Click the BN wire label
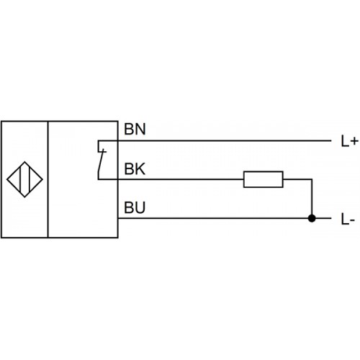pos(135,130)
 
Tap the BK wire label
pos(135,169)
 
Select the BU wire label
pos(135,207)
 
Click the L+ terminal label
pos(349,141)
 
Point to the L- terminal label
pos(348,220)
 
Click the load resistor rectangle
pos(264,179)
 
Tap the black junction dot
pos(312,218)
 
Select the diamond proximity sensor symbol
pos(24,179)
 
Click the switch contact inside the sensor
pos(101,161)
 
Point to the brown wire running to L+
pos(225,140)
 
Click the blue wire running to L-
pos(225,218)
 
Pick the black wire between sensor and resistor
pos(181,179)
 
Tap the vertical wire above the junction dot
pos(312,199)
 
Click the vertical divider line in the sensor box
pos(48,179)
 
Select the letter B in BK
pos(129,169)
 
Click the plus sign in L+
pos(354,142)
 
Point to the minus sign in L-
pos(352,221)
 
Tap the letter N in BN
pos(140,130)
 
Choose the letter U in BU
pos(140,207)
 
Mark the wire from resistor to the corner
pos(297,179)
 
